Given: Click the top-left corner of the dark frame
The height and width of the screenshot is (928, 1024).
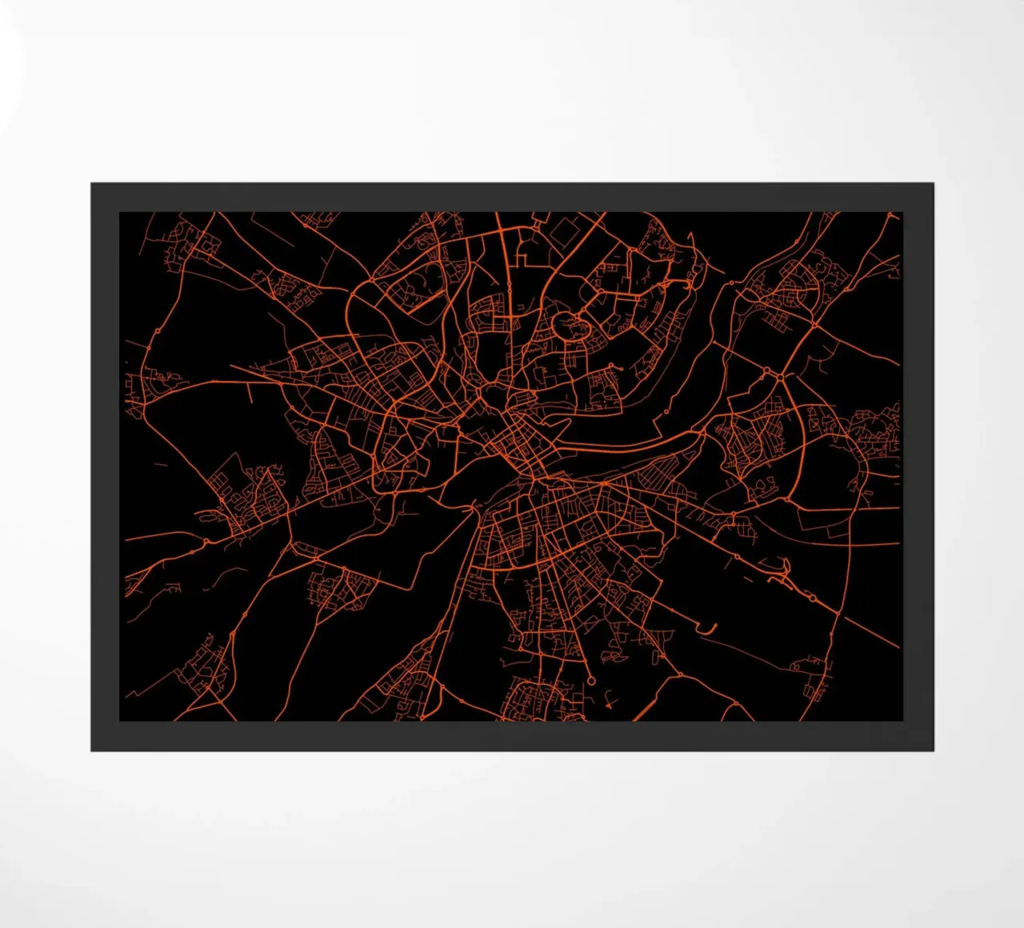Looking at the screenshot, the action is point(92,184).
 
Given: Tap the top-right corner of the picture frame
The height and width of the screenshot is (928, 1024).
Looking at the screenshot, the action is point(933,184).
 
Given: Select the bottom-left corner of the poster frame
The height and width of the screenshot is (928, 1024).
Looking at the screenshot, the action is point(92,750).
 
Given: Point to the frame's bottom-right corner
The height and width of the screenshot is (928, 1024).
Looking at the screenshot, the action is point(933,750).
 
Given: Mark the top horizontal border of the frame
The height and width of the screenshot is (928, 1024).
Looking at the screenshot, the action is point(512,197).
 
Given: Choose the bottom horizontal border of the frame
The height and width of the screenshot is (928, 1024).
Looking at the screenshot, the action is point(512,736).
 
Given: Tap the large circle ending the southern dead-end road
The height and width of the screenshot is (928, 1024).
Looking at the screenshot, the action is point(591,680).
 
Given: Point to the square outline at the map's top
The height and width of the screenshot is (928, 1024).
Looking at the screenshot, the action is point(564,232).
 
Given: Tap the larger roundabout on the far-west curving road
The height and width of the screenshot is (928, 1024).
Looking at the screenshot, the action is point(158,330).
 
